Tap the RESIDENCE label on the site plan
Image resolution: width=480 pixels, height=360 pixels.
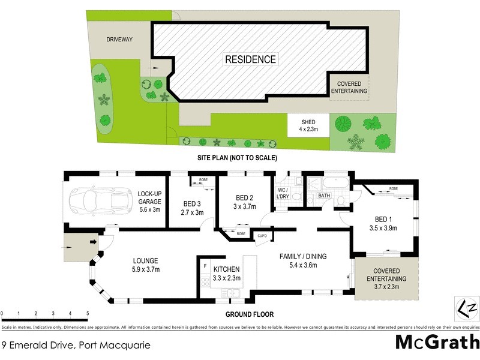(251, 59)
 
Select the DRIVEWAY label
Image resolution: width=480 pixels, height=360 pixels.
(119, 40)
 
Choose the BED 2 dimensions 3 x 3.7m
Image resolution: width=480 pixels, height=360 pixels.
(245, 206)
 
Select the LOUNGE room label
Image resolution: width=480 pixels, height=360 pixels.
(146, 260)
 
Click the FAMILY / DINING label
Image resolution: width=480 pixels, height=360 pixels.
(302, 256)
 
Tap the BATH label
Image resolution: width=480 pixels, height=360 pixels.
(324, 196)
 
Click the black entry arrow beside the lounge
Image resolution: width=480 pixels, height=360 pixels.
(94, 242)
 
